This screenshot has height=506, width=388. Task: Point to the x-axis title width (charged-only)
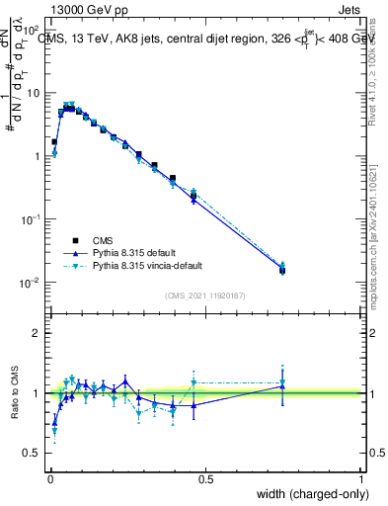[x=307, y=493]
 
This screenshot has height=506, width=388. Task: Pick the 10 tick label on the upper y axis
[x=34, y=93]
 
